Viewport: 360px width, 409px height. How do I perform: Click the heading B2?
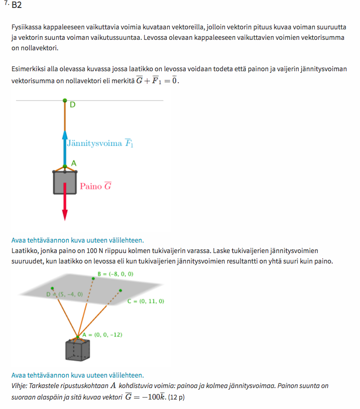pyautogui.click(x=16, y=6)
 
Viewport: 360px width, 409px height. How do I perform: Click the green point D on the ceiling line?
pyautogui.click(x=65, y=101)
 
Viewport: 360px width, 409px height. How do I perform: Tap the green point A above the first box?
pyautogui.click(x=65, y=166)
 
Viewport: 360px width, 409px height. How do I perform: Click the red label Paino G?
pyautogui.click(x=96, y=186)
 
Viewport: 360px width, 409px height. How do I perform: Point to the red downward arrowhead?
pyautogui.click(x=65, y=215)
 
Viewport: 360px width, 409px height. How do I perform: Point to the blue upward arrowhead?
pyautogui.click(x=65, y=135)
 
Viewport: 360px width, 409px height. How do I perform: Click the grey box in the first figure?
pyautogui.click(x=65, y=182)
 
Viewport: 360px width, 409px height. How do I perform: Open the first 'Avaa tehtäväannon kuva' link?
pyautogui.click(x=77, y=240)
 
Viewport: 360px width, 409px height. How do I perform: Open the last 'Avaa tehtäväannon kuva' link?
pyautogui.click(x=77, y=375)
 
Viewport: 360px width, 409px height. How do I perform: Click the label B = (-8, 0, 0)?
pyautogui.click(x=116, y=274)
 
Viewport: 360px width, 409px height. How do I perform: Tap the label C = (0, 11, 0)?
pyautogui.click(x=146, y=301)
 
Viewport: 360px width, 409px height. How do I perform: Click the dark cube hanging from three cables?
pyautogui.click(x=78, y=350)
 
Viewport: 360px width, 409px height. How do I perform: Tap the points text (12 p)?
pyautogui.click(x=176, y=397)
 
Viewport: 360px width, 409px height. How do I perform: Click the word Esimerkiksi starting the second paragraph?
pyautogui.click(x=28, y=69)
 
